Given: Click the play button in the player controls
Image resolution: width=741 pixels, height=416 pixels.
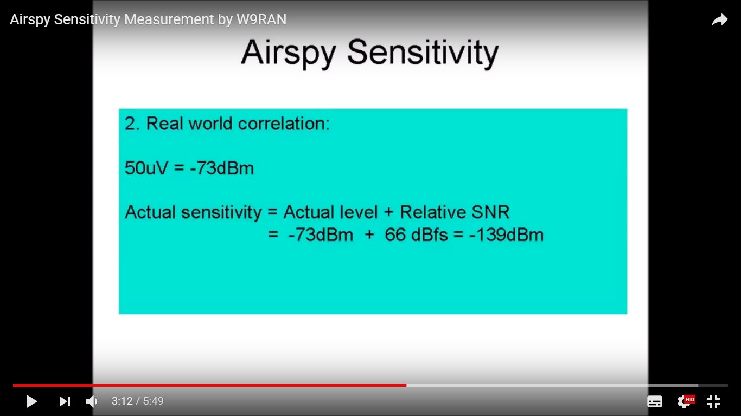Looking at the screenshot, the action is tap(32, 401).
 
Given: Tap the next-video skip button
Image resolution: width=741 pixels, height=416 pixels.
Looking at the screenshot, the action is tap(65, 401).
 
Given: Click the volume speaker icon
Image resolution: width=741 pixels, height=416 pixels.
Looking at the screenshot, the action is tap(92, 401).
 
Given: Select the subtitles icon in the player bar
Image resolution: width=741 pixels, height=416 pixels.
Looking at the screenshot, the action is tap(655, 401).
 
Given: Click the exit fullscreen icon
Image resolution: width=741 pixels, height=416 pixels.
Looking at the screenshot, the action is tap(713, 401).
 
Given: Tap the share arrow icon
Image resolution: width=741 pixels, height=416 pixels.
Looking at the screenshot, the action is tap(720, 20).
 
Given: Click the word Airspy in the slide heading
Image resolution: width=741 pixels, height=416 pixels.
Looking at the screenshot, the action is tap(289, 53).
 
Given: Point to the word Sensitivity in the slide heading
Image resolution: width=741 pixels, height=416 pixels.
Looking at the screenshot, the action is tap(423, 53).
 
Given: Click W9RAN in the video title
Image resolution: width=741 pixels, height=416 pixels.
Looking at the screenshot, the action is tap(261, 19).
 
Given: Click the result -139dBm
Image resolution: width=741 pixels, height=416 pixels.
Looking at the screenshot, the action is tap(507, 235).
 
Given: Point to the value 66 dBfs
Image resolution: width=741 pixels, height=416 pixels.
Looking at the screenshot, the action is tap(416, 235).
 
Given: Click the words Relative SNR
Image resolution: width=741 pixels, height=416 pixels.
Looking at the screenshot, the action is tap(455, 212).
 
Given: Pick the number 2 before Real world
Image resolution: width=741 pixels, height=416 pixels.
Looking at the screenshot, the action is tap(130, 123).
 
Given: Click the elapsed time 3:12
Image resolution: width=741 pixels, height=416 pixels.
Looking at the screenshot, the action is tap(122, 401).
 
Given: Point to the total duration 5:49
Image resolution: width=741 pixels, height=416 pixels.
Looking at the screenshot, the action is tap(153, 401).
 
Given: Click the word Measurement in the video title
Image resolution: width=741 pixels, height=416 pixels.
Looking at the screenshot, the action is tap(169, 19).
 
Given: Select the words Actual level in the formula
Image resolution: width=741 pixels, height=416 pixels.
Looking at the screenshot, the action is tap(330, 212).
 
